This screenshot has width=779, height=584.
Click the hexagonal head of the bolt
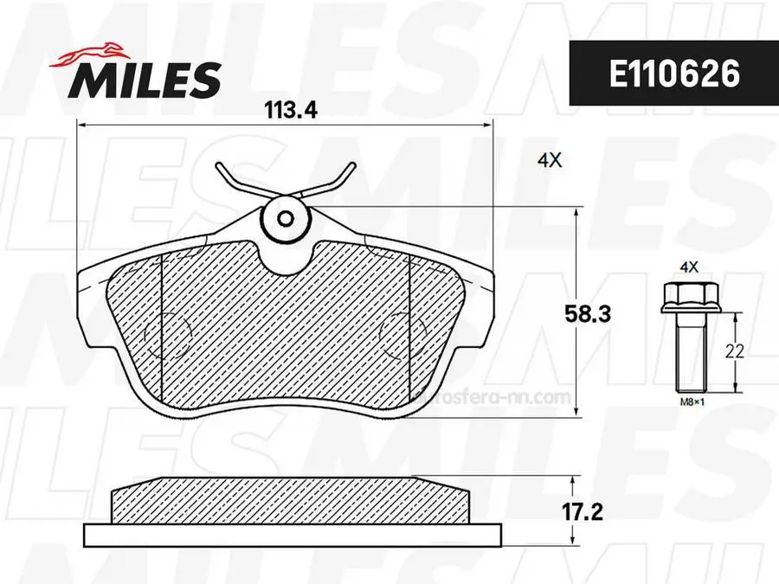pyautogui.click(x=685, y=296)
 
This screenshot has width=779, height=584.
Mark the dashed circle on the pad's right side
pyautogui.click(x=402, y=332)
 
